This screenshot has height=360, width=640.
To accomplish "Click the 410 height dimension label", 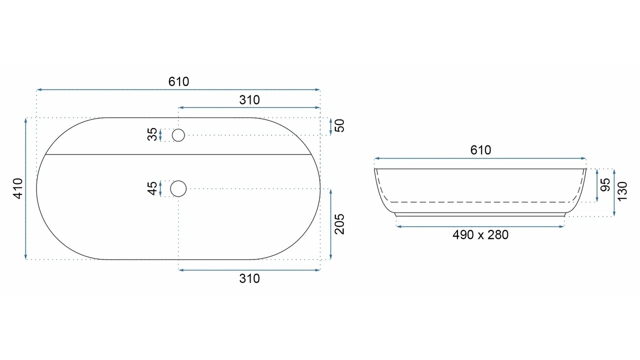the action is tap(18, 188).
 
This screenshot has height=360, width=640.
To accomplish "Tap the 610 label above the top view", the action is tap(178, 81).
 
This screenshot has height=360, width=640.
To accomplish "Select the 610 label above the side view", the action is tap(480, 150).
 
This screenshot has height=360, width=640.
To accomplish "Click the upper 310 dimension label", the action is tap(249, 100).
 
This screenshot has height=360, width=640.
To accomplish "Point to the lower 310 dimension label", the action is tap(249, 278).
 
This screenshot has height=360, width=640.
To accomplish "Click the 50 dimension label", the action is tap(339, 125).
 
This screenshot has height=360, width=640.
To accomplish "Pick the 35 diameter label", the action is tap(152, 134).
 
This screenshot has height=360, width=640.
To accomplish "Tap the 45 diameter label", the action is tap(152, 188).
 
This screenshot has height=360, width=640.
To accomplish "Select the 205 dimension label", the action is tap(339, 224).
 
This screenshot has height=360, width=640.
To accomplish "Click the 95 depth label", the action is tap(605, 185).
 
